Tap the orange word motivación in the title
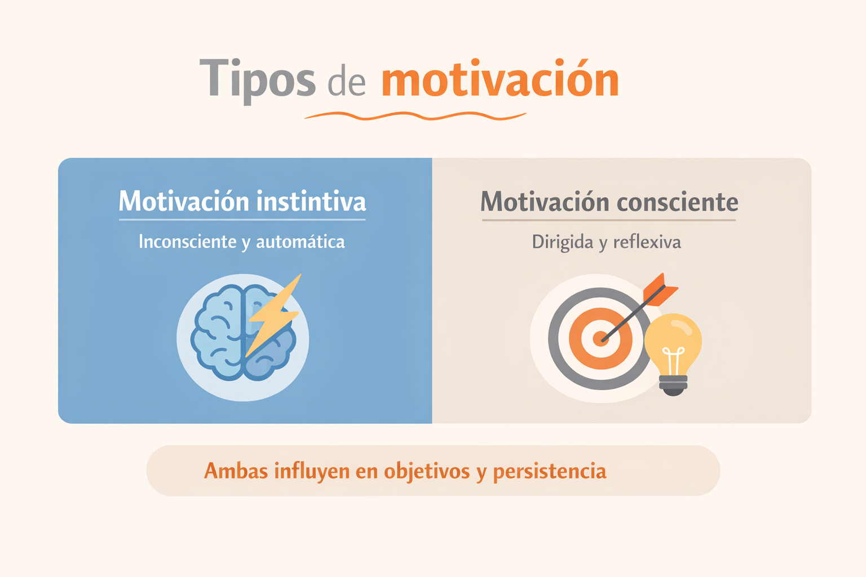click(500, 77)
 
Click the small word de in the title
click(347, 83)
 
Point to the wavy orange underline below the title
click(415, 116)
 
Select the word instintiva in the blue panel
click(311, 201)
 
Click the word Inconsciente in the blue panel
click(188, 242)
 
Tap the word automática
click(301, 242)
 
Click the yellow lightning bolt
click(273, 315)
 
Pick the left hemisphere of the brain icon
click(218, 332)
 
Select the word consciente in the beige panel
click(677, 202)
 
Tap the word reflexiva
click(647, 242)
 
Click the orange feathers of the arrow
click(660, 290)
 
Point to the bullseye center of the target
click(600, 339)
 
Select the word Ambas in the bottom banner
click(236, 471)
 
